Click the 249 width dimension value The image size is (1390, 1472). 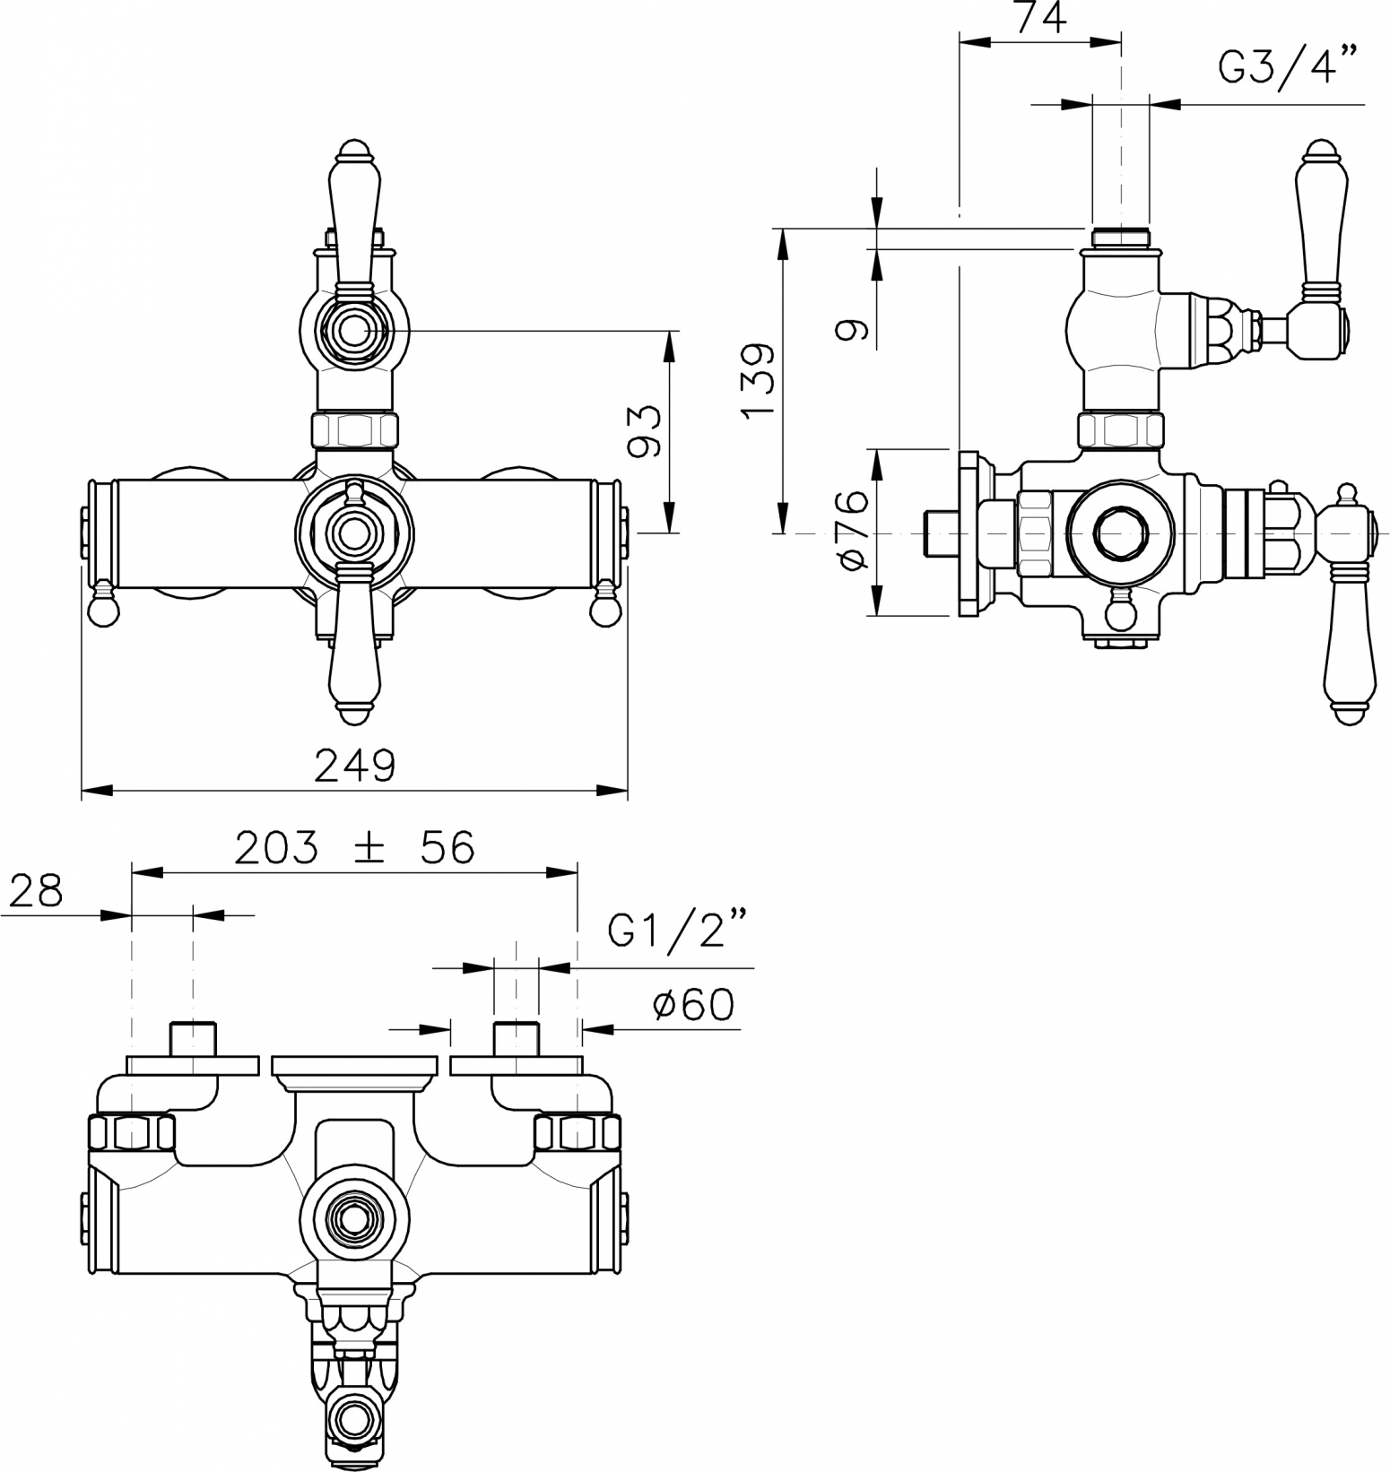[x=354, y=765]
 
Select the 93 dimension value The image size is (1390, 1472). [x=644, y=431]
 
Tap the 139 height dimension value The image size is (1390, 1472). [x=759, y=380]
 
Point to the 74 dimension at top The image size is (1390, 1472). [x=1042, y=17]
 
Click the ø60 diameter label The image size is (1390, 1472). [x=693, y=1005]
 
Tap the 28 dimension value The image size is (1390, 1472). [x=37, y=890]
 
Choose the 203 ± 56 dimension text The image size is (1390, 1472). [x=354, y=847]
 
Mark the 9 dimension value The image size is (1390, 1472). [x=852, y=330]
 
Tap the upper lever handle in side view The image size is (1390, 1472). [x=1319, y=219]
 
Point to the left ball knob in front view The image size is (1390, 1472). [x=104, y=606]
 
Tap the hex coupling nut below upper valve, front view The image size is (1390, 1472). [x=354, y=429]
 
